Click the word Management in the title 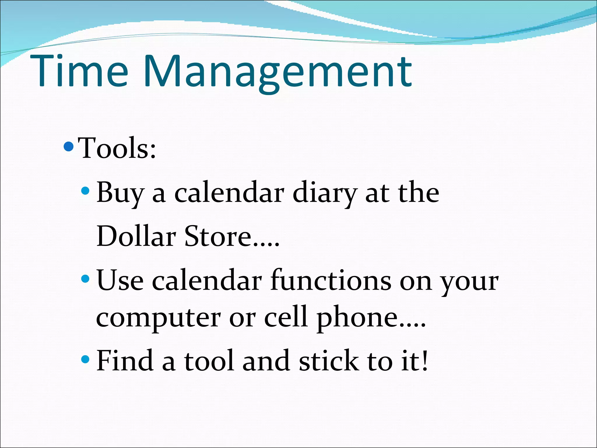(277, 73)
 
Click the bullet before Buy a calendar (85, 191)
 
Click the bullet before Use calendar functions (85, 279)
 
